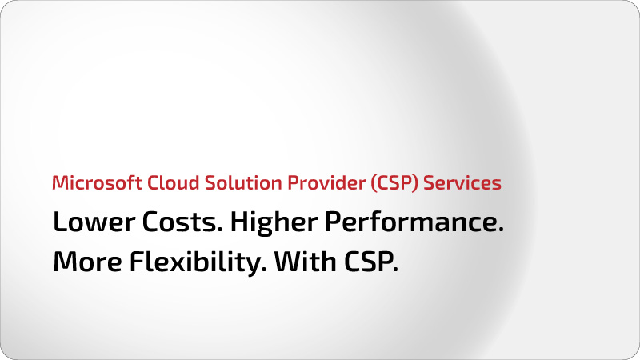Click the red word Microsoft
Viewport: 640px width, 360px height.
pos(97,182)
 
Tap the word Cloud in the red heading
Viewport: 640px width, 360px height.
pos(173,182)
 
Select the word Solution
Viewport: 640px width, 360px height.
pos(243,182)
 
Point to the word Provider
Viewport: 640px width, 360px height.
pos(326,182)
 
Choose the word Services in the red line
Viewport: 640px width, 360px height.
pos(462,182)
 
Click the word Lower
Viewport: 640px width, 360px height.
pos(94,222)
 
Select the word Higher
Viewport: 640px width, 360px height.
pos(274,222)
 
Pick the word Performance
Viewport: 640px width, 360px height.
pos(411,222)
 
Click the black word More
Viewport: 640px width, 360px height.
pos(87,262)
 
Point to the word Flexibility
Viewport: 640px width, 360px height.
pos(194,262)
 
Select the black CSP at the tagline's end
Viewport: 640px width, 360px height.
pos(368,262)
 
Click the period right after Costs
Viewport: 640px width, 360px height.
pos(220,230)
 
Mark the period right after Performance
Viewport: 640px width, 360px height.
pos(501,230)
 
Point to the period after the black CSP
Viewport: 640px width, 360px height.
pos(395,270)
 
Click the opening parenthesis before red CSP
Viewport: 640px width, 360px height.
pos(373,183)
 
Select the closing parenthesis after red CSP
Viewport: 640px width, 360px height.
pos(416,183)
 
